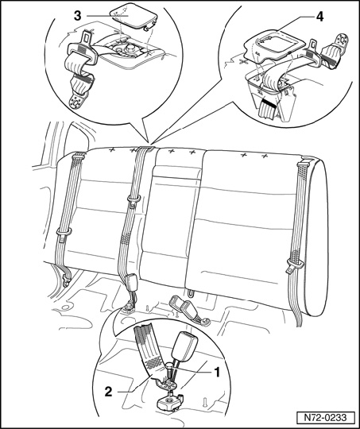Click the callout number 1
[x=217, y=373]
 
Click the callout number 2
[x=108, y=392]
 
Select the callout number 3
[x=78, y=16]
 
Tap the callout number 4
[x=319, y=17]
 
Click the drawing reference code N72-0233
[x=326, y=418]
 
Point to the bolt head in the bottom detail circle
[x=170, y=365]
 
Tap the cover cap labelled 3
[x=134, y=15]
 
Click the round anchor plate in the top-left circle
[x=77, y=101]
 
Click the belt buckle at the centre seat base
[x=130, y=282]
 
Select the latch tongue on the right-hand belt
[x=294, y=265]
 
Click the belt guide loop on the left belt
[x=64, y=232]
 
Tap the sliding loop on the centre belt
[x=134, y=199]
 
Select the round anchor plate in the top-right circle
[x=342, y=41]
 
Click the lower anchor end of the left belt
[x=66, y=280]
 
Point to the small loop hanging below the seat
[x=191, y=292]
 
